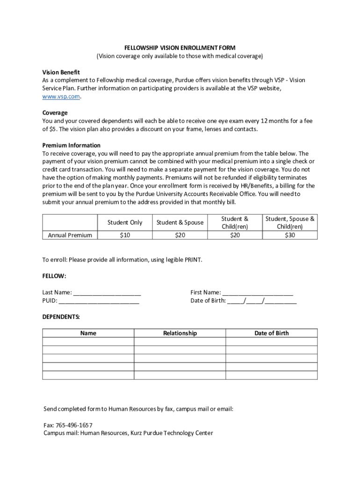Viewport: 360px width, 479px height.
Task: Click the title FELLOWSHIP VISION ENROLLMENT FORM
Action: tap(180, 48)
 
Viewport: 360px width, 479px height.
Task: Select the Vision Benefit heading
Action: tap(61, 73)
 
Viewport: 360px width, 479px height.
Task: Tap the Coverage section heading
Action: tap(55, 113)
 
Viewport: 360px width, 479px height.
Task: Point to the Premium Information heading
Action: tap(72, 145)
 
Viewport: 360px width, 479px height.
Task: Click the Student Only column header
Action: tap(125, 223)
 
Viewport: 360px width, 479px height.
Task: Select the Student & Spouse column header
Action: tap(180, 223)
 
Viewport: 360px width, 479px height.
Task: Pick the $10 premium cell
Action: tap(125, 235)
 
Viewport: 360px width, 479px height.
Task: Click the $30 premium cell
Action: tap(290, 235)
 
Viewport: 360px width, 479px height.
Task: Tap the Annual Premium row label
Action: tap(70, 235)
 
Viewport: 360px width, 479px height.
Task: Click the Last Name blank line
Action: tap(107, 293)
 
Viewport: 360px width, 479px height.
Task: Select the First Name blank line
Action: tap(258, 293)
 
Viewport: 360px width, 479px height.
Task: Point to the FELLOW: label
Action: tap(54, 276)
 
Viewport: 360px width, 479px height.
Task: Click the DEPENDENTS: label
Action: tap(61, 317)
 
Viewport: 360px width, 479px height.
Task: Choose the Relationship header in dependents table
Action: tap(180, 333)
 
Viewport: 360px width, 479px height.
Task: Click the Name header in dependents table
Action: tap(88, 333)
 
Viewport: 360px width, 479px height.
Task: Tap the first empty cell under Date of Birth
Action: tap(271, 341)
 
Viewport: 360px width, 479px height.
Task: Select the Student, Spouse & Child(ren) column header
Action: tap(290, 223)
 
